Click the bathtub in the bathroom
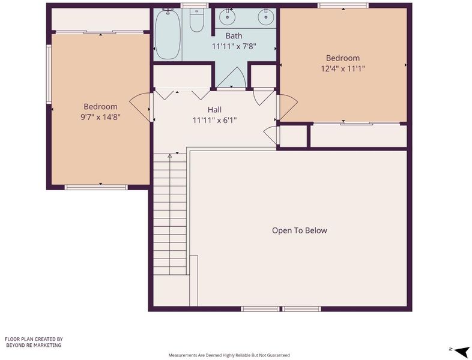[168, 34]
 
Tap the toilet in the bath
[197, 20]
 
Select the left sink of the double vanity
[226, 17]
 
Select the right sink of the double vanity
[266, 17]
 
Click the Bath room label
[234, 36]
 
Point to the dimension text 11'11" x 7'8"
[234, 47]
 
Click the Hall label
[214, 109]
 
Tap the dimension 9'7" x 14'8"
[100, 117]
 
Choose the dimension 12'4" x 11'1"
[343, 68]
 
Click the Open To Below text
[300, 230]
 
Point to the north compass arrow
[460, 350]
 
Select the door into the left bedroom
[141, 107]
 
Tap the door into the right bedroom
[288, 107]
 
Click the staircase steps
[170, 214]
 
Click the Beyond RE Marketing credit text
[34, 342]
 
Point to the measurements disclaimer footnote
[229, 355]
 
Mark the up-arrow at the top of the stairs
[170, 156]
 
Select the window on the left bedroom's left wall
[49, 74]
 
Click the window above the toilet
[195, 5]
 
